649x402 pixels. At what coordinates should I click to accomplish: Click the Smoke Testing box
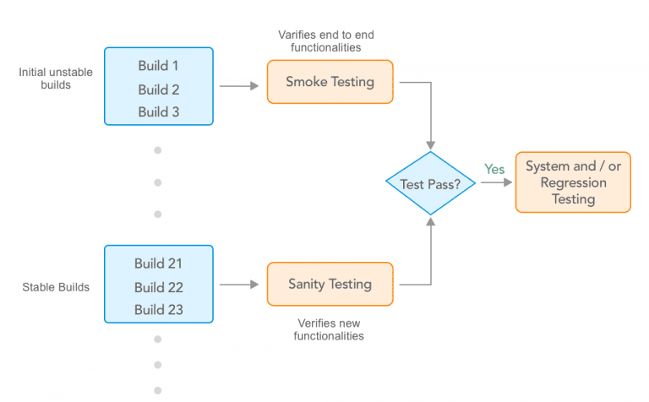tap(330, 82)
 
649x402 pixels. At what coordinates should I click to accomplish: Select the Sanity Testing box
tap(330, 284)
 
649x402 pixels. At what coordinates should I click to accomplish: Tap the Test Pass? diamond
tap(430, 183)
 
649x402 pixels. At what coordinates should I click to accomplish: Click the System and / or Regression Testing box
tap(573, 182)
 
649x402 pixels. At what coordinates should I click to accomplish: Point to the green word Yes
tap(494, 169)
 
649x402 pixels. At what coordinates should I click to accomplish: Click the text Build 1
tap(158, 66)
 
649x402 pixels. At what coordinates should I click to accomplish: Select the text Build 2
tap(159, 90)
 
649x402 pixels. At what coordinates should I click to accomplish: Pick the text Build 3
tap(159, 112)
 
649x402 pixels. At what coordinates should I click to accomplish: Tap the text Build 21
tap(158, 263)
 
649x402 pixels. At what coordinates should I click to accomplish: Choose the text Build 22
tap(159, 287)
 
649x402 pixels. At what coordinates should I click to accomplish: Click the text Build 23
tap(159, 310)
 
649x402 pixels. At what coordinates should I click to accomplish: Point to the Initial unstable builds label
tap(56, 79)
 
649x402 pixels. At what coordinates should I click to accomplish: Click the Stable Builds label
tap(56, 287)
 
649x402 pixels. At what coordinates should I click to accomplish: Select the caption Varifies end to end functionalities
tap(326, 41)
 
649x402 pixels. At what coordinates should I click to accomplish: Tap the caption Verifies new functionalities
tap(329, 329)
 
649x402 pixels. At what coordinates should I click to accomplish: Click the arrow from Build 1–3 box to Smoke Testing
tap(239, 86)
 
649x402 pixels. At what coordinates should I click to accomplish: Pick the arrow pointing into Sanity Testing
tap(239, 285)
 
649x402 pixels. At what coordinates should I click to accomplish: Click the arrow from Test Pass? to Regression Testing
tap(496, 182)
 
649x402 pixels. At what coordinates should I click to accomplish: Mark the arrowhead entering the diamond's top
tap(430, 144)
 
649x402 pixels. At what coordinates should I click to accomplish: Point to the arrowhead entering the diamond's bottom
tap(431, 221)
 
